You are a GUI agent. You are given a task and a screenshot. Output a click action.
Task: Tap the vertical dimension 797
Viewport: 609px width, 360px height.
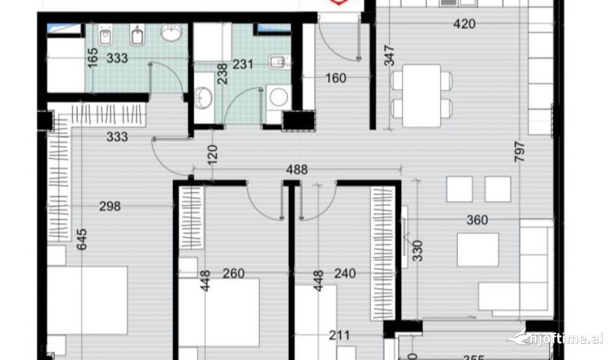(519, 152)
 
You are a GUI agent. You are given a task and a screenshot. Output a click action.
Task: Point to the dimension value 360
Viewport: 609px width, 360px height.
(477, 220)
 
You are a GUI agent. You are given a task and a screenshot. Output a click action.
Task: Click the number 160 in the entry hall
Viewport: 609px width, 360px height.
(335, 78)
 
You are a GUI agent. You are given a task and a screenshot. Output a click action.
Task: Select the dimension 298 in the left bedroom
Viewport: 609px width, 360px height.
(109, 207)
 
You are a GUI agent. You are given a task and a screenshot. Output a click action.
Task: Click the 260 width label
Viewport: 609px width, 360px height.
(233, 274)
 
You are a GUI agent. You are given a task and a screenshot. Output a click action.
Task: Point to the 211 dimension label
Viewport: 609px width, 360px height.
(338, 335)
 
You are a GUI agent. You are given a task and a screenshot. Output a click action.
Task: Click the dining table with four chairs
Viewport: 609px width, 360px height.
(421, 95)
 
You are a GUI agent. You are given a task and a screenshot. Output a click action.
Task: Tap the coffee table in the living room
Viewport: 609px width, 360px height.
(478, 249)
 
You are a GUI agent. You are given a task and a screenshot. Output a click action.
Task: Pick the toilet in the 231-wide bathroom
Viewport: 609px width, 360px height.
(278, 62)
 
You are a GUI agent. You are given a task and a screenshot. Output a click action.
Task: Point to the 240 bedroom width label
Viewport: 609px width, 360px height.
(344, 274)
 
